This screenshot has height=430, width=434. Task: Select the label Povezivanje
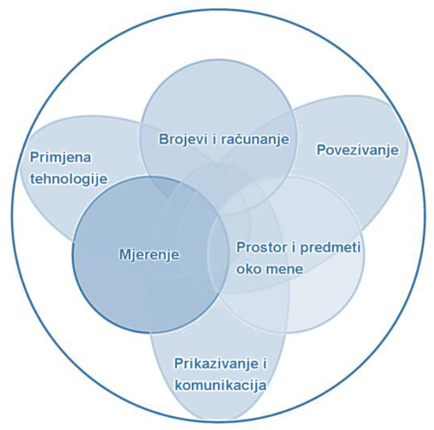[x=357, y=150]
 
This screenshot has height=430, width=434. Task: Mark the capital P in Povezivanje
[x=320, y=150]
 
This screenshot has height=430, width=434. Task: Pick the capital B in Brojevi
[x=163, y=139]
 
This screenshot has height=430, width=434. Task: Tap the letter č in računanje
[x=235, y=139]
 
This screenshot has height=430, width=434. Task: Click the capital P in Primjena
[x=33, y=157]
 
